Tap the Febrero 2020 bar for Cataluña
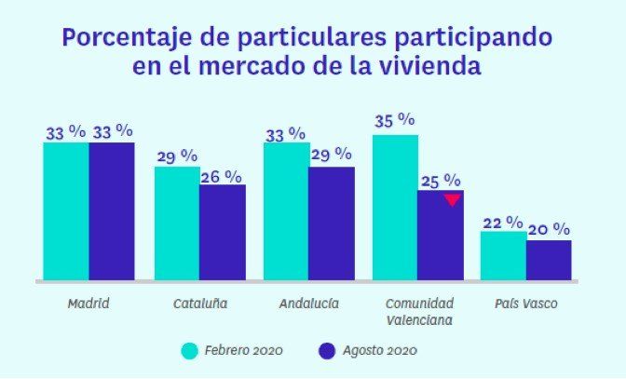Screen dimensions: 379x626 (x=177, y=223)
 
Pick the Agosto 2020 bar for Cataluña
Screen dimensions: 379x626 (x=223, y=232)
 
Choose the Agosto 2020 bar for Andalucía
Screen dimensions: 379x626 (x=331, y=223)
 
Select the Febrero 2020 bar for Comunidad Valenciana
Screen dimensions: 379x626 (x=395, y=207)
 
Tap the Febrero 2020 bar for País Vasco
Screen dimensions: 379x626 (x=503, y=255)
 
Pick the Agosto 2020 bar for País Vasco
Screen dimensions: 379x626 (x=549, y=260)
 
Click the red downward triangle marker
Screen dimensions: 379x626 (x=452, y=199)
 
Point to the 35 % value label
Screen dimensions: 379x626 (x=394, y=121)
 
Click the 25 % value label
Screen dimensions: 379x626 (x=441, y=180)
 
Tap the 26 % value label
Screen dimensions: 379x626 (x=222, y=175)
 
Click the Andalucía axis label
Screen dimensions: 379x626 (x=308, y=305)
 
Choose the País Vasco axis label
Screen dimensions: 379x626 (x=526, y=305)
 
